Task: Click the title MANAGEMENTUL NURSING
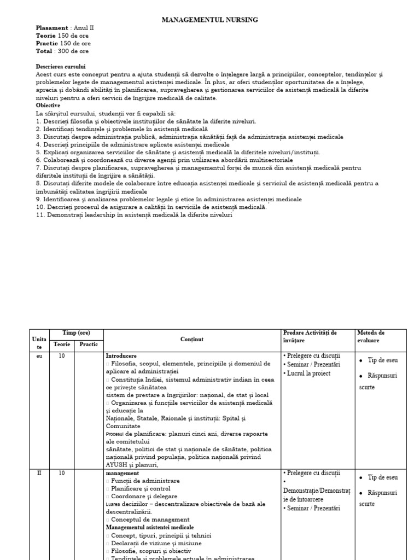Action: (x=210, y=20)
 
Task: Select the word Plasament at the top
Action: (x=52, y=28)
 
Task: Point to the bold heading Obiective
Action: (x=48, y=105)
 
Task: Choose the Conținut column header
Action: (x=191, y=340)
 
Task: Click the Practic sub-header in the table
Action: (x=89, y=345)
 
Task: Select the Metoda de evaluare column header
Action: (x=371, y=336)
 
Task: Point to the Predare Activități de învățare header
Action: (x=310, y=336)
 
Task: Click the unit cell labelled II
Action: (x=39, y=473)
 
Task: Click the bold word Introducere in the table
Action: (x=121, y=355)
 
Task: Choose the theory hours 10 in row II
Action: (x=62, y=473)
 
